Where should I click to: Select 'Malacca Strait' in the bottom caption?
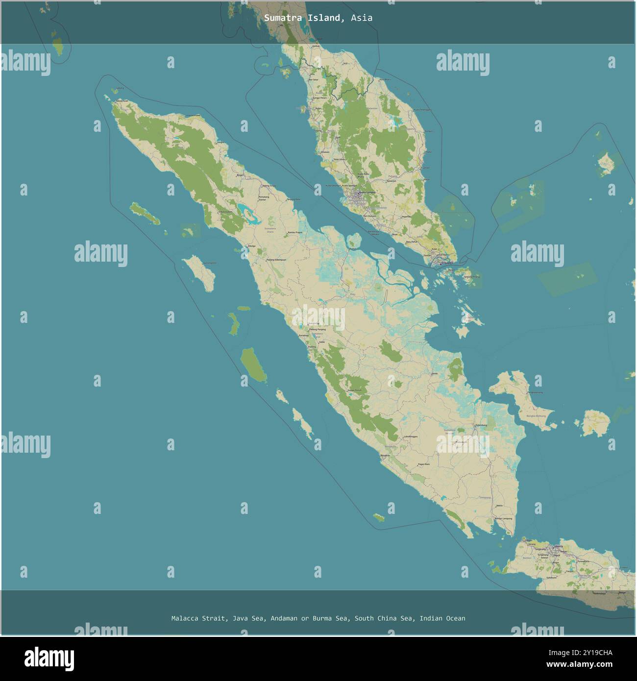click(199, 618)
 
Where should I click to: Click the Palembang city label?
click(481, 425)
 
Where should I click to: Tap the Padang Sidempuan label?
click(276, 260)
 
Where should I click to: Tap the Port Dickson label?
click(370, 216)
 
